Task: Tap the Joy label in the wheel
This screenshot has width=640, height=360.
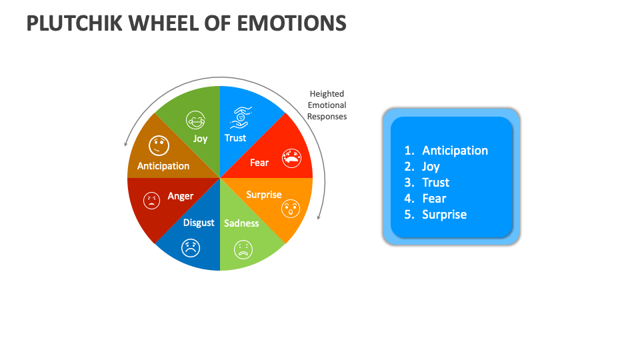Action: click(x=201, y=139)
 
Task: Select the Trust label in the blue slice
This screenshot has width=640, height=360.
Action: click(x=235, y=138)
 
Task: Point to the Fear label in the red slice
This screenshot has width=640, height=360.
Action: click(x=259, y=162)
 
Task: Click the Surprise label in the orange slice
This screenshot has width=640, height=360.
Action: click(x=264, y=195)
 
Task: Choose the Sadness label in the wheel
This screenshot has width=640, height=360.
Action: click(x=241, y=223)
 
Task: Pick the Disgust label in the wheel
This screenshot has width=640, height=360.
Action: click(x=199, y=222)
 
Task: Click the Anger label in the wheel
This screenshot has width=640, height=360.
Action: click(x=180, y=196)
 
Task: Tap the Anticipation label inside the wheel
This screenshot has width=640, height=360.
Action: click(x=163, y=166)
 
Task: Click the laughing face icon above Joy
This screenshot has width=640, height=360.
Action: click(x=195, y=120)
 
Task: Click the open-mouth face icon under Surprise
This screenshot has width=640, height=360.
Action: click(x=291, y=209)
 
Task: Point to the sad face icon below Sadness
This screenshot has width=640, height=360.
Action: click(x=243, y=250)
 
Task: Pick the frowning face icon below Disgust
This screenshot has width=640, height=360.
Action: click(x=191, y=248)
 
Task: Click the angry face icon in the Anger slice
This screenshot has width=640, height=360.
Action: click(x=152, y=201)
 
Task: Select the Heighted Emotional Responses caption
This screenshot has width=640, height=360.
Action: click(x=327, y=105)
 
